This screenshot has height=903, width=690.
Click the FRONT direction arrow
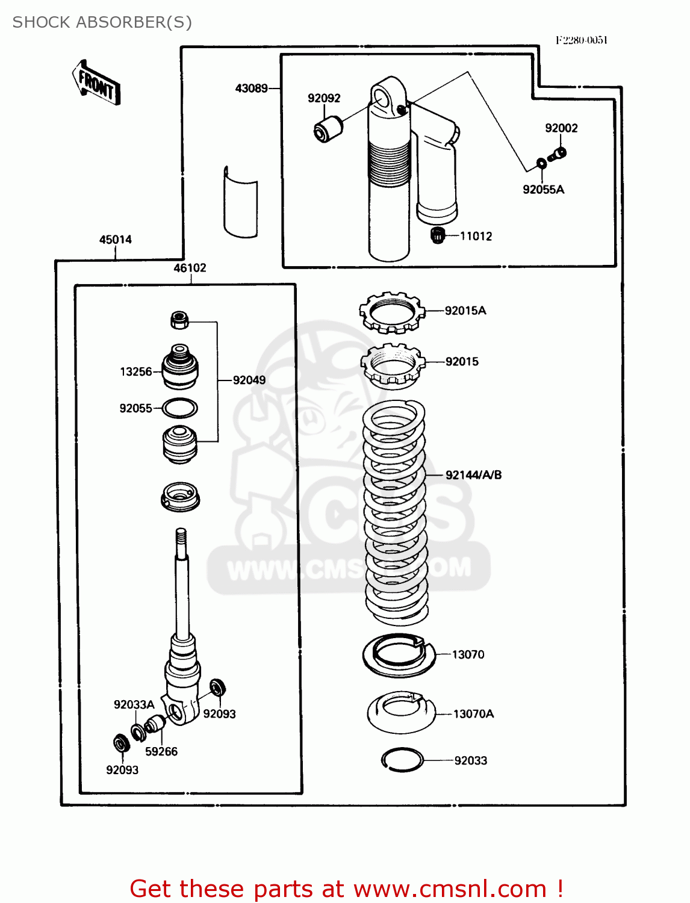(96, 83)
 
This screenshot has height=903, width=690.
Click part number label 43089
(251, 88)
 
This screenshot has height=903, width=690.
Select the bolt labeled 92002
(558, 155)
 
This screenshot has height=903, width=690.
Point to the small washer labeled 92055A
(541, 163)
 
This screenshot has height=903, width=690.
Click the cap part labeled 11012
(438, 235)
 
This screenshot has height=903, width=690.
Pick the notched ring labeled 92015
(392, 364)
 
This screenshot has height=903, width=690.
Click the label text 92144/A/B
(473, 475)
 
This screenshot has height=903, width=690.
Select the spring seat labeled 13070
(398, 654)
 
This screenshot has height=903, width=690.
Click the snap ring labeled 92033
(402, 760)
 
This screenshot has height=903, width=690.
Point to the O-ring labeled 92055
(179, 408)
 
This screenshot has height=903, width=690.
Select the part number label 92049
(249, 380)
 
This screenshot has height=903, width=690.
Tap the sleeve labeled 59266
(156, 723)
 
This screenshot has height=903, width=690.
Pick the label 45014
(115, 240)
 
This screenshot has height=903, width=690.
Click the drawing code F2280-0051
(581, 40)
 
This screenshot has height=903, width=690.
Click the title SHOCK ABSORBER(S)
(102, 22)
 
